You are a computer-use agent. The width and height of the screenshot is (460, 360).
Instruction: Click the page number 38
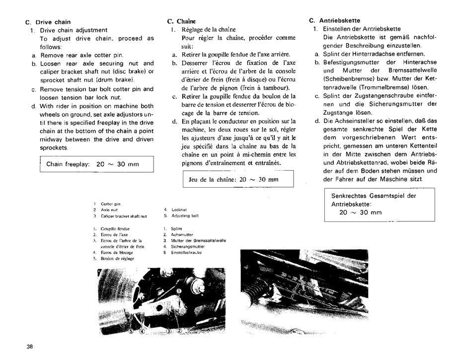pos(22,347)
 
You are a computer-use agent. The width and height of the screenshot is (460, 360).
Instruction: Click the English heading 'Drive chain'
pos(52,22)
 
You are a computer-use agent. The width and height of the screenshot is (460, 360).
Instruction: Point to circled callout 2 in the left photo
pos(179,331)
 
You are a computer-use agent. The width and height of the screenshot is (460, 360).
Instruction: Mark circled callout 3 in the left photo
pos(168,331)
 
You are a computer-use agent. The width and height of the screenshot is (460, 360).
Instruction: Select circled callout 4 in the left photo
pos(142,331)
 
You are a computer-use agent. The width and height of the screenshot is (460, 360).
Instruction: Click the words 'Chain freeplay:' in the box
pos(68,164)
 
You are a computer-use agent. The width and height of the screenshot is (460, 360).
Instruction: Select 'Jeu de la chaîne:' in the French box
pos(213,179)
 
